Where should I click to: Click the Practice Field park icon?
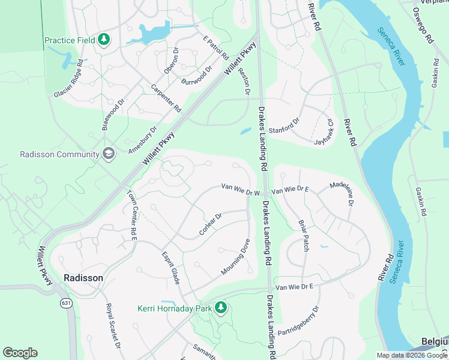click(104, 40)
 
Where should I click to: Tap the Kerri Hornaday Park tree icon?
click(221, 308)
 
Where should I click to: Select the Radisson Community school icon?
click(108, 154)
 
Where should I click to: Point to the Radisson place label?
click(83, 278)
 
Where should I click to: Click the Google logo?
click(20, 353)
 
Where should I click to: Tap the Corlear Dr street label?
click(210, 223)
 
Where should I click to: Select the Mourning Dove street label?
click(235, 257)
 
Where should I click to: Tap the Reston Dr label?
click(244, 81)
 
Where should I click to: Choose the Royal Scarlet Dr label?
click(113, 326)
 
